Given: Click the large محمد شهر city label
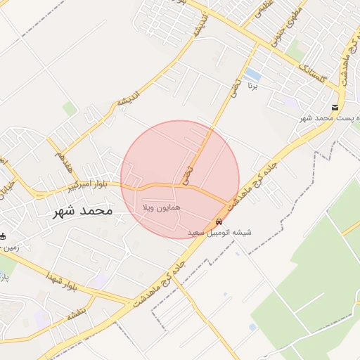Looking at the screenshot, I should click(x=82, y=210).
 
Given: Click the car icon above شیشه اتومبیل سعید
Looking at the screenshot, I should click(x=219, y=221).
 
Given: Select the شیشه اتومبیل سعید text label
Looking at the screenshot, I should click(x=219, y=232).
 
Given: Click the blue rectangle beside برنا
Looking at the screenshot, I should click(x=252, y=74).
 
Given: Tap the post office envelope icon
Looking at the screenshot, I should click(x=335, y=108).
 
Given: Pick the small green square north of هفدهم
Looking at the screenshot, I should click(x=69, y=108).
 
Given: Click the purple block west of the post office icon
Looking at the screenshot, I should click(x=291, y=103).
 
